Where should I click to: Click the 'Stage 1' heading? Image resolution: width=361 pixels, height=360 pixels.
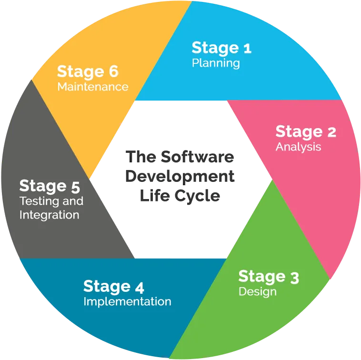click(221, 49)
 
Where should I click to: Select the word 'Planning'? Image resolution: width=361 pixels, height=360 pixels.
click(216, 63)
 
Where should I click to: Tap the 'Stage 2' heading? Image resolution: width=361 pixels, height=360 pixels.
click(306, 132)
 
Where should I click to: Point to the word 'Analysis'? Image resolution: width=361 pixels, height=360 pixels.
click(299, 147)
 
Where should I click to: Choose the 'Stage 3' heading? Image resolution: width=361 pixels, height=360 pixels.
click(269, 277)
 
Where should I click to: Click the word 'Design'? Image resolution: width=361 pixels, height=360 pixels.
click(258, 292)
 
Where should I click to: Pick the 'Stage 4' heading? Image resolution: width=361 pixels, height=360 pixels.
click(114, 287)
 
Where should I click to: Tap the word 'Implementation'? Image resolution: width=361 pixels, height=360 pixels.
click(127, 301)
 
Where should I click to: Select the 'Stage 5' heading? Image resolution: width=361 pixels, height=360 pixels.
click(50, 186)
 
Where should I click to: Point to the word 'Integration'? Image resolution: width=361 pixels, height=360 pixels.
click(49, 215)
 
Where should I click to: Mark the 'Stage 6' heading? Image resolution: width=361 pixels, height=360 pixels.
click(88, 72)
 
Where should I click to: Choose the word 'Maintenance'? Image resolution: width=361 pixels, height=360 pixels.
click(93, 87)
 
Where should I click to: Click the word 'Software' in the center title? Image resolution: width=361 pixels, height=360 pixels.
click(197, 157)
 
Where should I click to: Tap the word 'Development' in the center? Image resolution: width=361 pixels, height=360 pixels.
click(180, 177)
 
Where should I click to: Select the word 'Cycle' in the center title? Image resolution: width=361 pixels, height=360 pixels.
click(197, 196)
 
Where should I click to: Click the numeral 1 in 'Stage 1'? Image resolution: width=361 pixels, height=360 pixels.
click(248, 49)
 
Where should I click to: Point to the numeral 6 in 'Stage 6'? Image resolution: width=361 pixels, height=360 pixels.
click(114, 71)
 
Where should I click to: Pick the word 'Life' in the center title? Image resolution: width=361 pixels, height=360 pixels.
click(155, 196)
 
